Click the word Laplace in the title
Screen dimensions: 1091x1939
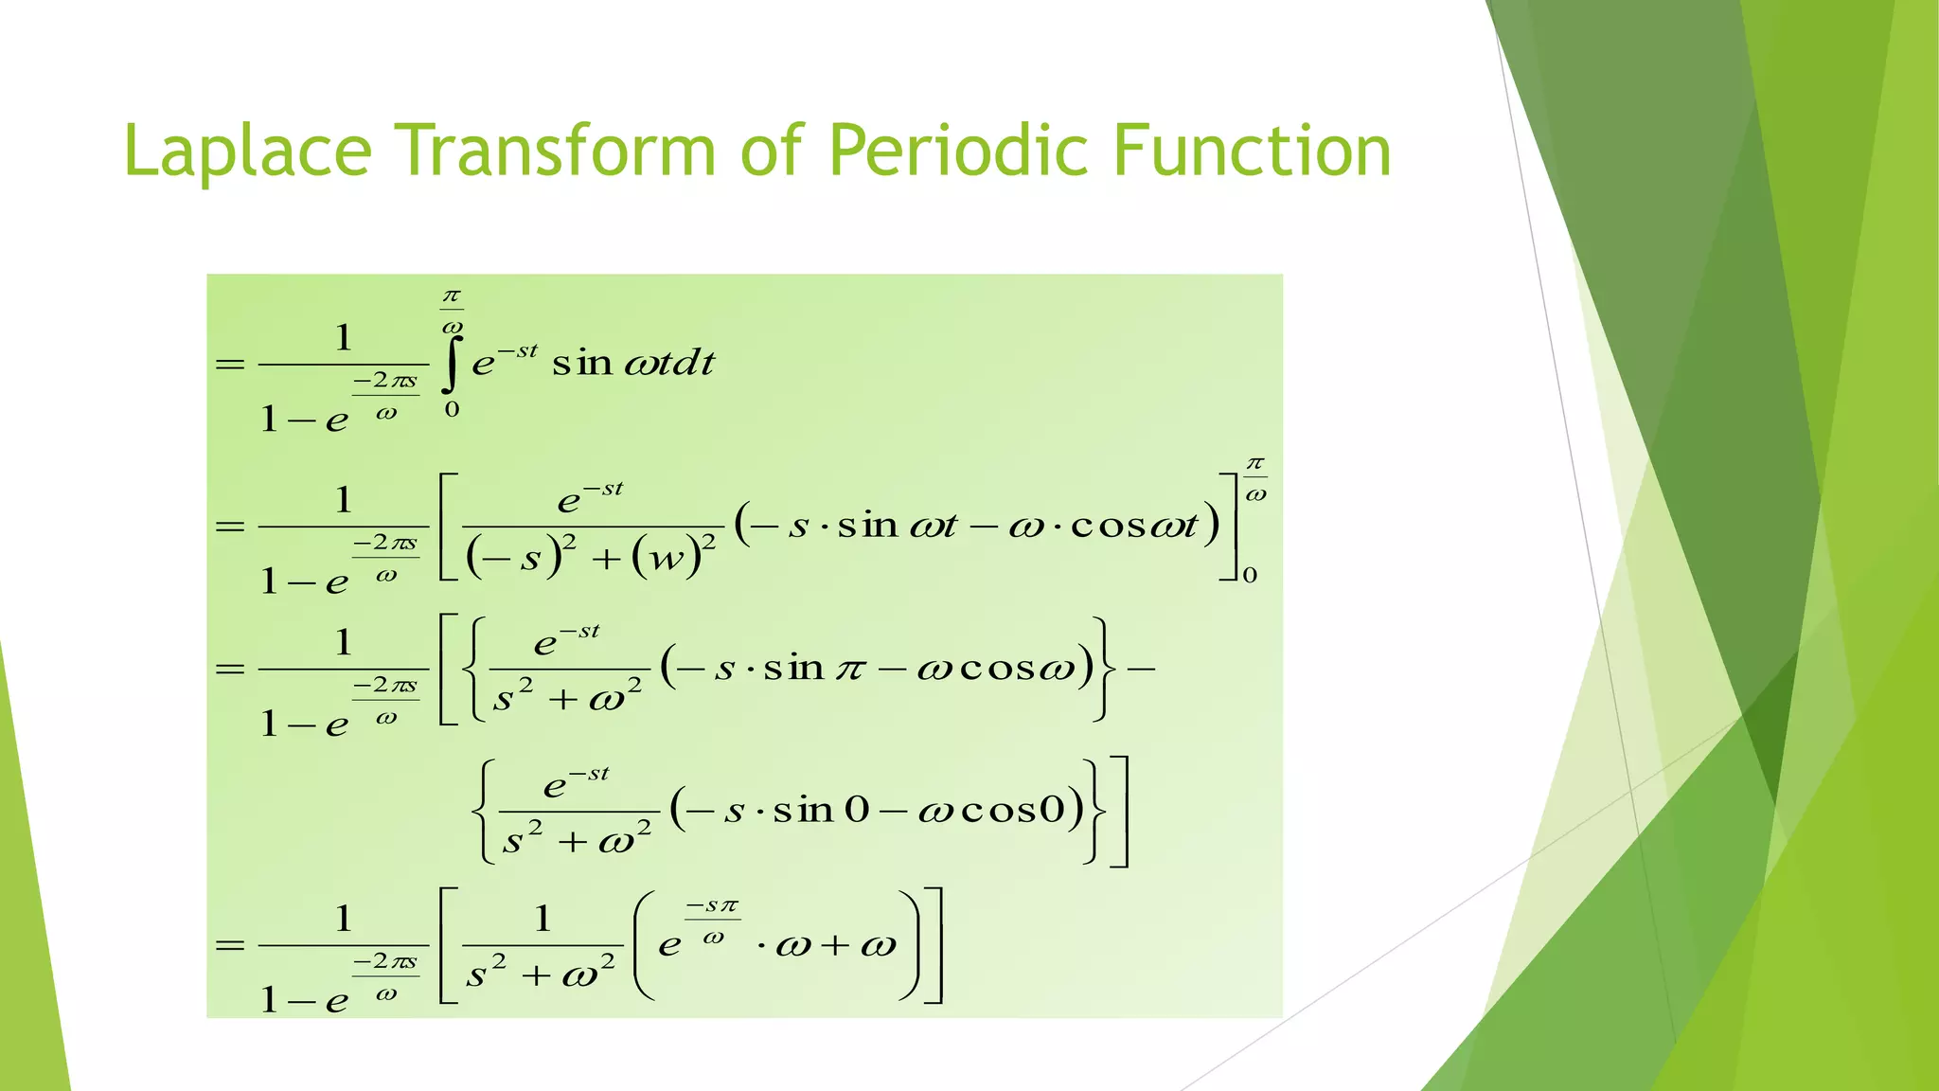click(248, 152)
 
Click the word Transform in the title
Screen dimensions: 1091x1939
click(555, 152)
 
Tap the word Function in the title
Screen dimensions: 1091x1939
click(1252, 152)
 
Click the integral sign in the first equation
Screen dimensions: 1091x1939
click(452, 365)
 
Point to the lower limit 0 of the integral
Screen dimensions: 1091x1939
click(453, 409)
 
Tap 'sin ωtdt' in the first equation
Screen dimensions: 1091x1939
click(632, 363)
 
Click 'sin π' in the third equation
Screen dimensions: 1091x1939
click(814, 669)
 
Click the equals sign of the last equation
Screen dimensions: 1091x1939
click(230, 945)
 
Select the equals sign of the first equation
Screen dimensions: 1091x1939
click(230, 365)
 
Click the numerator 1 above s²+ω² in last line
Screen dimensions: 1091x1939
click(543, 918)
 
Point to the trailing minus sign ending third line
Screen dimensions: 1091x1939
click(1141, 669)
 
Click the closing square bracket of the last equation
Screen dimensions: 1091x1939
click(934, 945)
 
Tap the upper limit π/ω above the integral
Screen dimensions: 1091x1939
click(452, 310)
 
